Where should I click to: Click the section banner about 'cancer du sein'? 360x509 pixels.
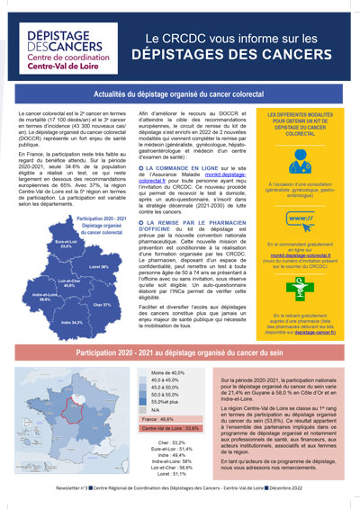point(180,354)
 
